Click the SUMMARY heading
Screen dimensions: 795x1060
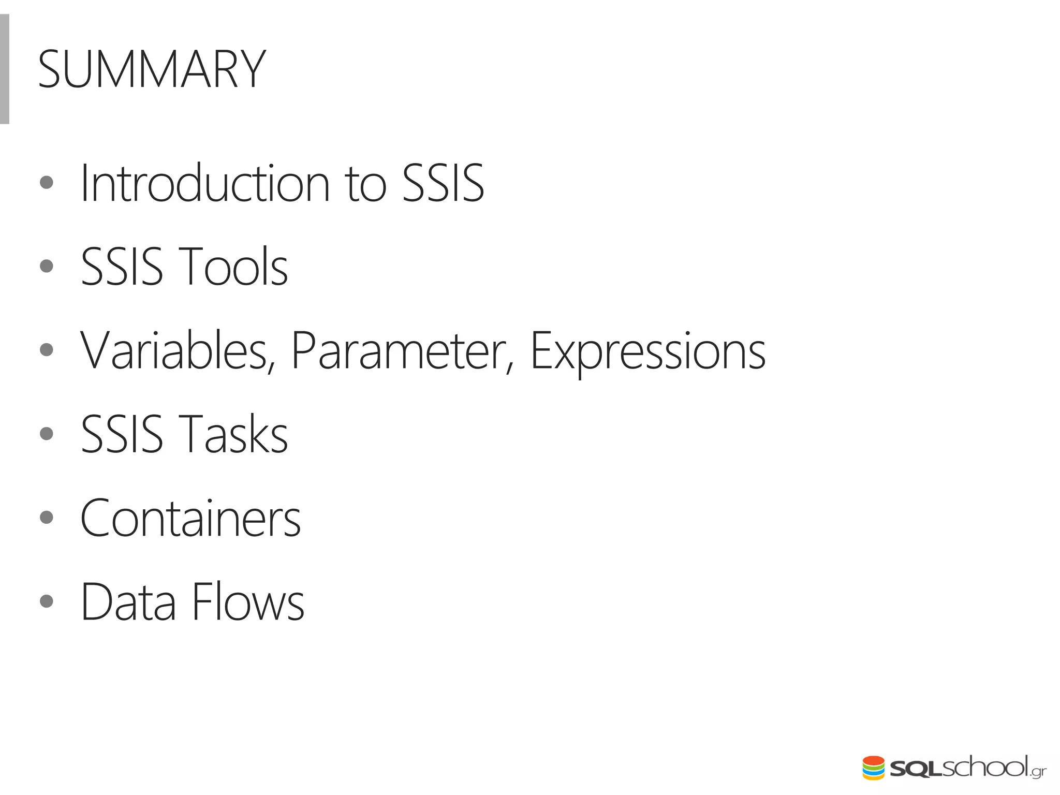click(152, 69)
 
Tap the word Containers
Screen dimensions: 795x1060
click(190, 518)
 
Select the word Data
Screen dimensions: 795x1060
click(128, 602)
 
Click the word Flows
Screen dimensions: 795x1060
click(248, 602)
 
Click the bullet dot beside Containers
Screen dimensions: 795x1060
click(47, 517)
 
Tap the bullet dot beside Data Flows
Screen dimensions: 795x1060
click(47, 601)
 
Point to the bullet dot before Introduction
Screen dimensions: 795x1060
click(47, 182)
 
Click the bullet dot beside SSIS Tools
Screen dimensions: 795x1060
click(47, 266)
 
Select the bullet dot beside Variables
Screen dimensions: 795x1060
click(47, 350)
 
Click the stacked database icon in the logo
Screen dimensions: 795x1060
click(873, 768)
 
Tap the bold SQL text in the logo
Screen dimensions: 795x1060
click(915, 770)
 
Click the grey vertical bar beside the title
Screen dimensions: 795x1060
click(4, 69)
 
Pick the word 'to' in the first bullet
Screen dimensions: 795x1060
click(365, 184)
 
